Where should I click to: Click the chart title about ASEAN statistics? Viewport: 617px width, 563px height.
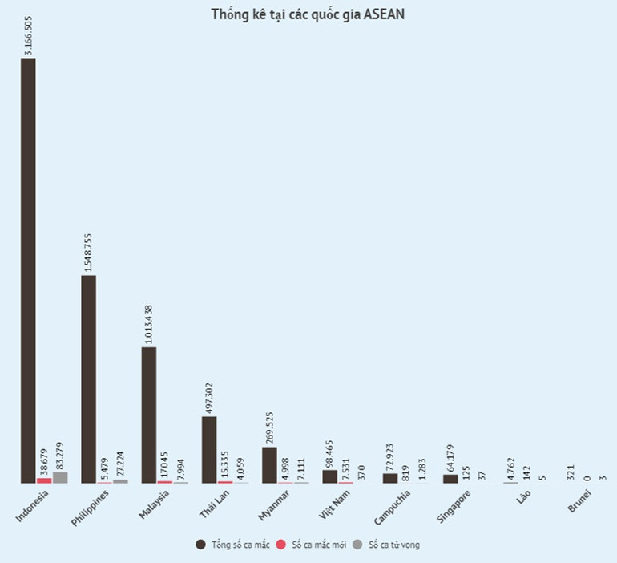coord(308,15)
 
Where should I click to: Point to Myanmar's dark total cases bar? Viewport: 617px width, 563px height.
coord(269,464)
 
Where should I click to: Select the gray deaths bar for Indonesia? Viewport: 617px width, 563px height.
coord(60,477)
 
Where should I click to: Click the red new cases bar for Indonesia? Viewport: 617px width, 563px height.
coord(44,480)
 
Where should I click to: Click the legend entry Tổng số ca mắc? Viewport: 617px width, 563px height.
coord(232,545)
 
